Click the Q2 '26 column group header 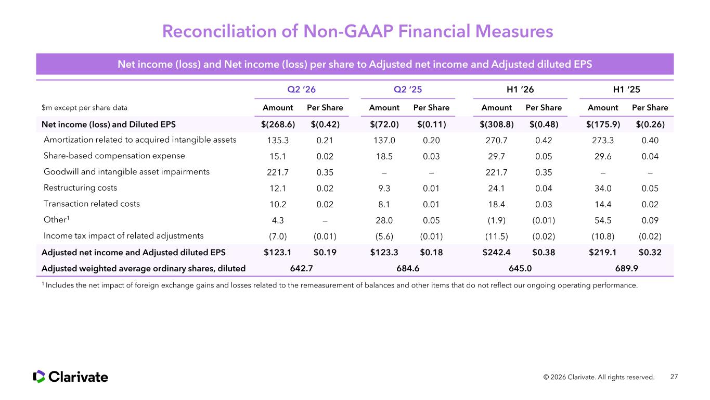click(x=301, y=89)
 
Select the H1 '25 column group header click(x=626, y=89)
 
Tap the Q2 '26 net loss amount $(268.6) click(x=278, y=124)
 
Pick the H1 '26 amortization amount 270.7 click(x=496, y=140)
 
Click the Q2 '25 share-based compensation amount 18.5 click(x=384, y=156)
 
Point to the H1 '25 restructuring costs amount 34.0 click(x=603, y=188)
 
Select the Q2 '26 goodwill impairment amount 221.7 click(x=278, y=172)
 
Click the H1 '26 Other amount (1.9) click(x=496, y=220)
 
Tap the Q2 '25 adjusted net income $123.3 click(x=384, y=253)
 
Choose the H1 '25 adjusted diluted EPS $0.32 click(x=650, y=253)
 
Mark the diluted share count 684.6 click(x=408, y=268)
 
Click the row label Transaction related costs click(x=92, y=204)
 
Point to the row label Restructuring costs click(x=80, y=187)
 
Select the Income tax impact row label click(x=123, y=235)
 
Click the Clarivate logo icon click(x=39, y=377)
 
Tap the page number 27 click(x=674, y=377)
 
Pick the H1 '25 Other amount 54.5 click(x=603, y=220)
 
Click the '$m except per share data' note click(x=84, y=108)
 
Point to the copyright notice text click(x=599, y=377)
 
